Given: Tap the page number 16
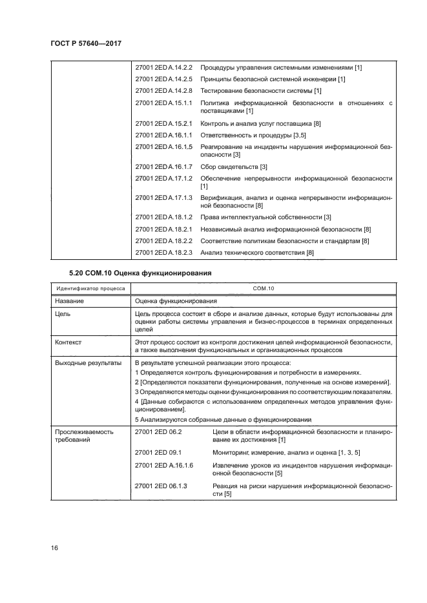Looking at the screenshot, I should point(55,548).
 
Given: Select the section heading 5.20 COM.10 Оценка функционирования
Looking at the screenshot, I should point(140,273).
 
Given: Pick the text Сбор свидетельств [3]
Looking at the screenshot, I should point(234,168).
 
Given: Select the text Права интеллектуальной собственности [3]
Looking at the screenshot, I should point(266,217).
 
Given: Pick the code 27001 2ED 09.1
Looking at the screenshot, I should point(158,453).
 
